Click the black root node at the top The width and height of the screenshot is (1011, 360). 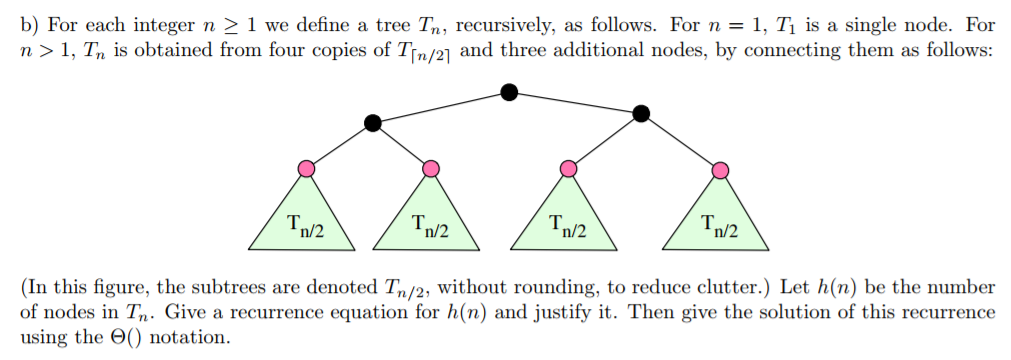click(x=509, y=92)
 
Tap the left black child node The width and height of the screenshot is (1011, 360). click(x=373, y=123)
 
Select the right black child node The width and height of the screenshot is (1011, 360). click(x=642, y=116)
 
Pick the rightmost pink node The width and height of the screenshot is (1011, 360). click(x=718, y=170)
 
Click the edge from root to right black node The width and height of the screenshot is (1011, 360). click(x=576, y=104)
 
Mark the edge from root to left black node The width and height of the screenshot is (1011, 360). click(x=441, y=108)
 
